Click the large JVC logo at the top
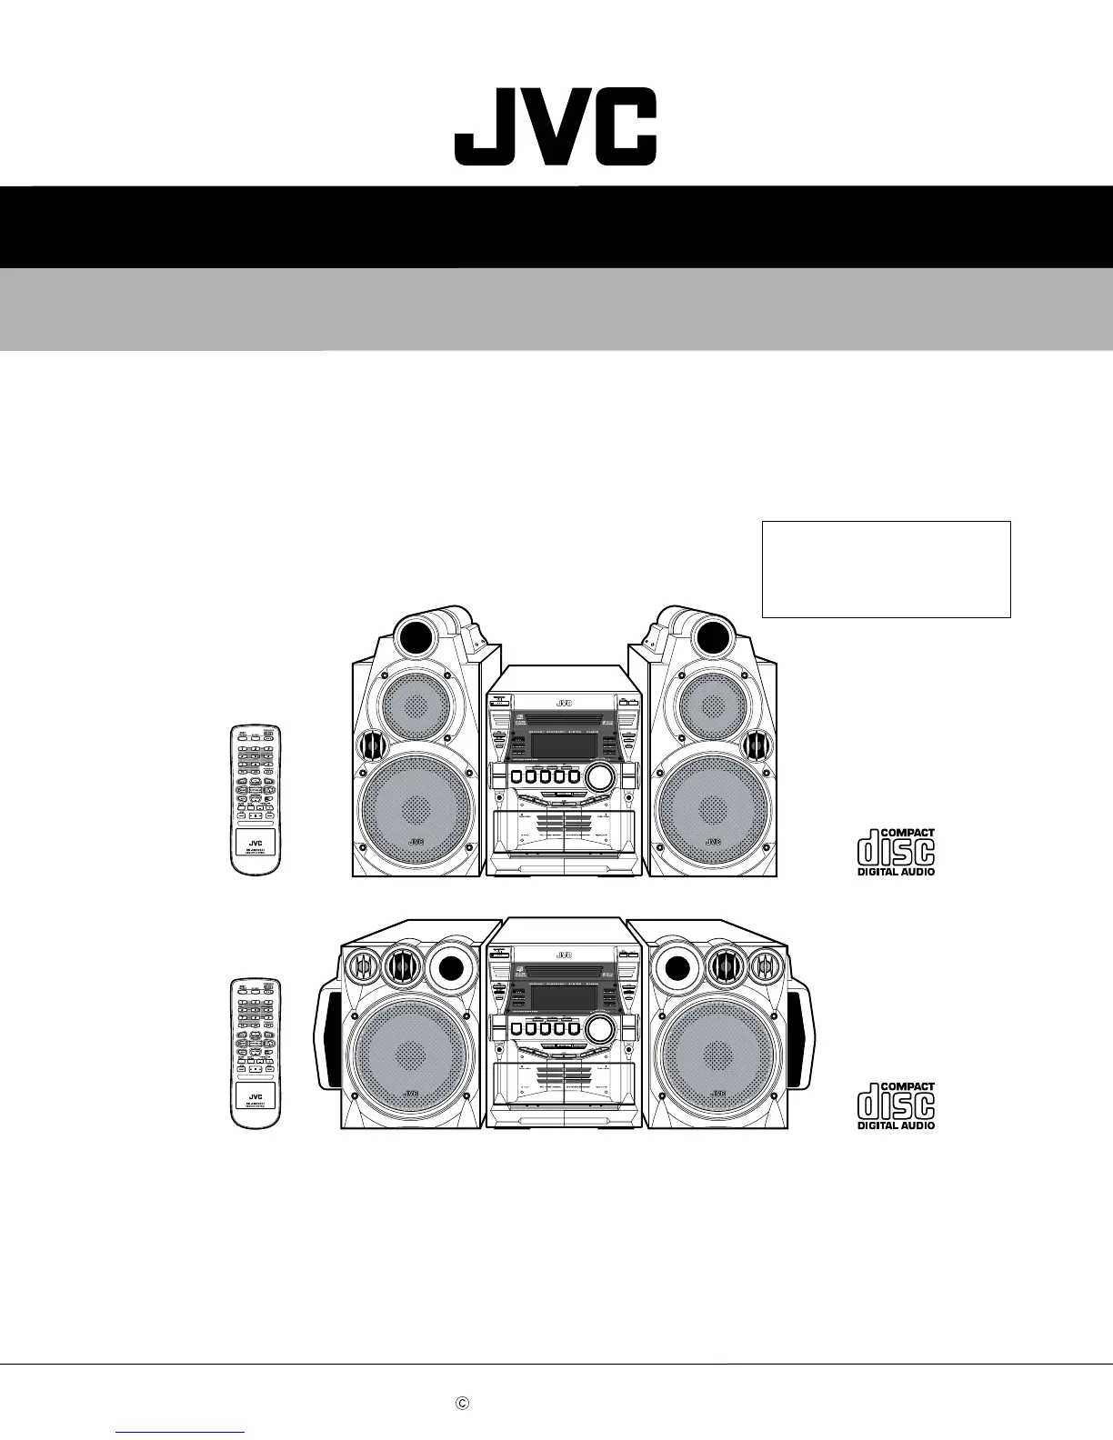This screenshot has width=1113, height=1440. (556, 126)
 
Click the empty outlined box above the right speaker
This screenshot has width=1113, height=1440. (886, 569)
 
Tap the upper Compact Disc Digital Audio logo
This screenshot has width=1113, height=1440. (896, 852)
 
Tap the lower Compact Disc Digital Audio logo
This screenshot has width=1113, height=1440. (896, 1105)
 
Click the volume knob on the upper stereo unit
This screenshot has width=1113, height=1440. (599, 776)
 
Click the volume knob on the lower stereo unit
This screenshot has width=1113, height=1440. (599, 1029)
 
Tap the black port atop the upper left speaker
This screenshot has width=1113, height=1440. (417, 629)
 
